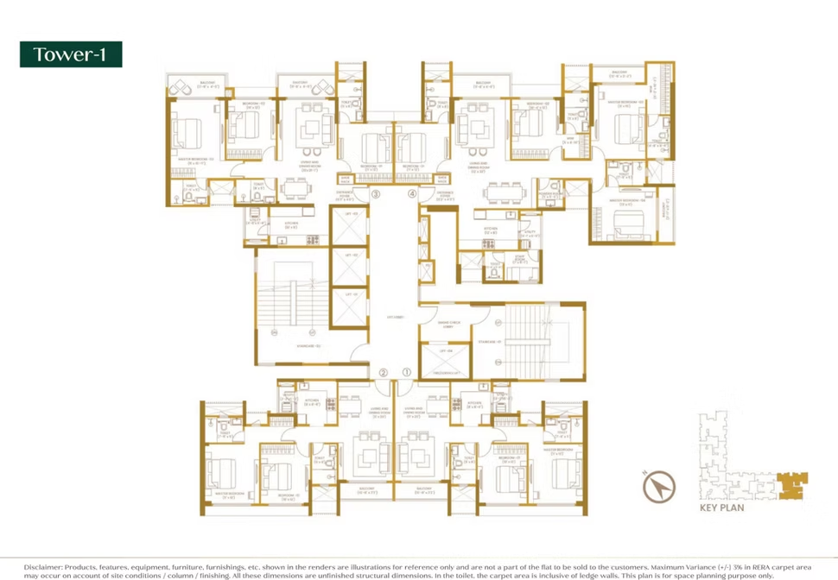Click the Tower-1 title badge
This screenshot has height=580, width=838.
coord(71,54)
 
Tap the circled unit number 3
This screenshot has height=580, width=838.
coord(376,194)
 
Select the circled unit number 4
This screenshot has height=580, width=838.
coord(412,194)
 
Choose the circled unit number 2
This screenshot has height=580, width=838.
coord(383,373)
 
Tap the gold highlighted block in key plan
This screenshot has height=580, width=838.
coord(789,482)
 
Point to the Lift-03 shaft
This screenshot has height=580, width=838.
coord(351,229)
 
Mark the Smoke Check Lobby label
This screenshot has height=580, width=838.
coord(449,325)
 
